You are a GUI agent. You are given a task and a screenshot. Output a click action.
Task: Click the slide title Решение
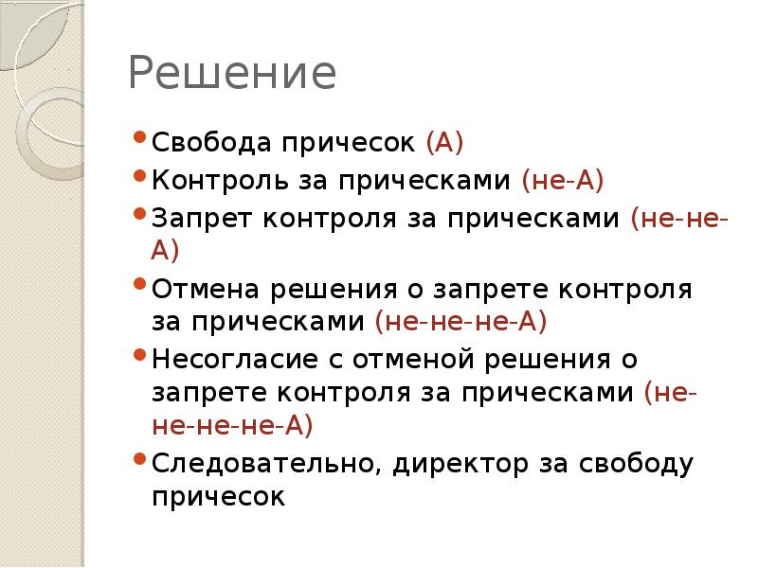tap(233, 75)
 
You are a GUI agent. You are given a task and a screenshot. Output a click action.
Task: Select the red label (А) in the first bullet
tap(444, 143)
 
